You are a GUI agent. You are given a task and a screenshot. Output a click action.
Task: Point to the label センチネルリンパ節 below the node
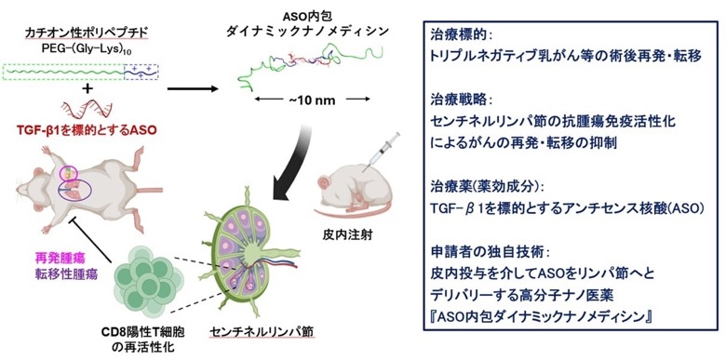253,332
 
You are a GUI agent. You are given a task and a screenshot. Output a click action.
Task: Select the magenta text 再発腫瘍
55,257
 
